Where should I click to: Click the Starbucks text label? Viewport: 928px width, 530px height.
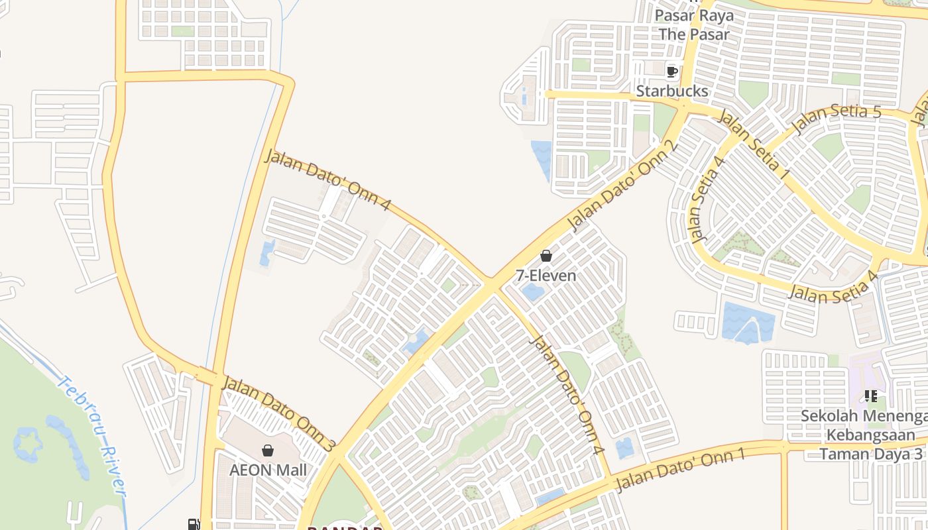point(672,91)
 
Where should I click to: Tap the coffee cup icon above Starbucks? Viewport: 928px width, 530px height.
point(671,71)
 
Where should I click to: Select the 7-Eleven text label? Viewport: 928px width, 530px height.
point(546,275)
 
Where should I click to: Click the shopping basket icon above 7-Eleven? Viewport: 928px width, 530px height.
point(546,256)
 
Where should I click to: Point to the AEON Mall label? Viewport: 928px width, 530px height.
point(268,470)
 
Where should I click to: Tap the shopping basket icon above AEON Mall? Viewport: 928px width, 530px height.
point(268,450)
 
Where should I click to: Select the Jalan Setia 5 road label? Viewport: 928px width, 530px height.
point(839,118)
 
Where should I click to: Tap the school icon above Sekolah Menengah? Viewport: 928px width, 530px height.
point(871,396)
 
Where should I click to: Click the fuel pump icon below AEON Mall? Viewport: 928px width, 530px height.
point(194,524)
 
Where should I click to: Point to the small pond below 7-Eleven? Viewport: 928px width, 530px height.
point(532,292)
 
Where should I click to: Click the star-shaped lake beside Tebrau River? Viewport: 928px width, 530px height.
point(28,443)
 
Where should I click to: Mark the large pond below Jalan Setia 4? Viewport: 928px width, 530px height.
point(748,323)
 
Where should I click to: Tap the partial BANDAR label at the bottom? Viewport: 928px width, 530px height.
point(345,527)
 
